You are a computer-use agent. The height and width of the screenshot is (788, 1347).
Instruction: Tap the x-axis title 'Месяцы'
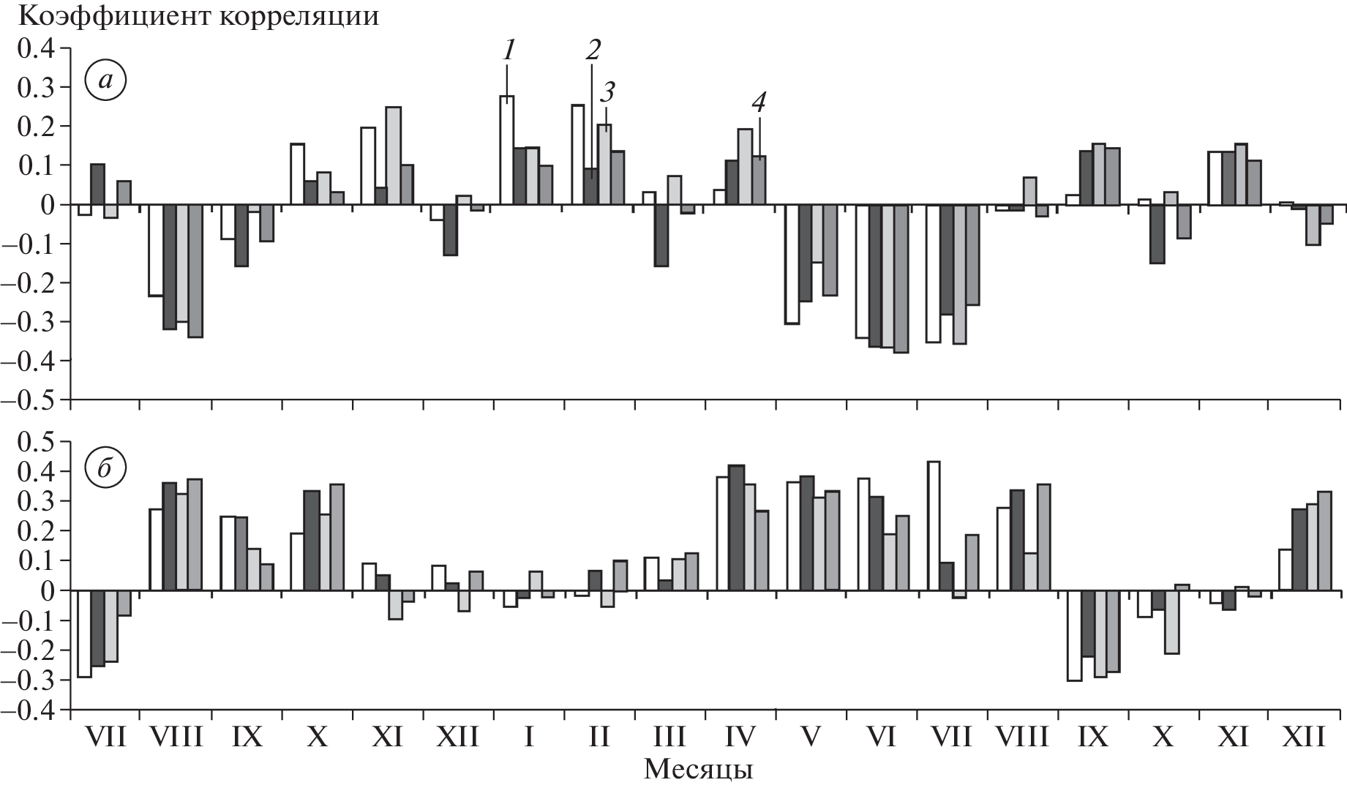(x=698, y=770)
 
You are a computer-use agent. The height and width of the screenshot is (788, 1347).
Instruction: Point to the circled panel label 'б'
(x=105, y=468)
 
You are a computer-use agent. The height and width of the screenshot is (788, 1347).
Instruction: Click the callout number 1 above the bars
(x=509, y=50)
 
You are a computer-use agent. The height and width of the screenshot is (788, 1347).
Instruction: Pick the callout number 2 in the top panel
(x=593, y=50)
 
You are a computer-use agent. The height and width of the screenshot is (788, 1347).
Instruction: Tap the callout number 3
(x=607, y=92)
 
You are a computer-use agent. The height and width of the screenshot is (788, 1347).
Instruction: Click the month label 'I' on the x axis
(x=529, y=737)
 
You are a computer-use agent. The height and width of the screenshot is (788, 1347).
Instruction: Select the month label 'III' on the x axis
(x=669, y=737)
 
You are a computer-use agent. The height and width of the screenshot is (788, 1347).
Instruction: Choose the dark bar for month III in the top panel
(x=661, y=235)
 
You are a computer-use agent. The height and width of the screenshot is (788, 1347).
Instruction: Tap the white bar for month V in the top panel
(x=792, y=264)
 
